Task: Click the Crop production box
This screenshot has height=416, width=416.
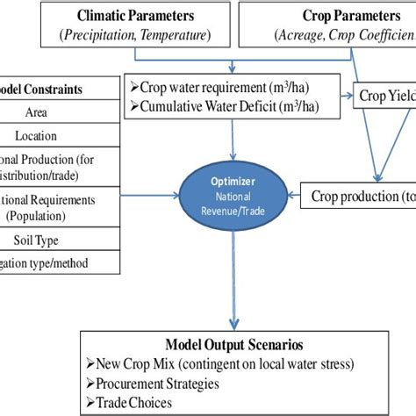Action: [x=360, y=194]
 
